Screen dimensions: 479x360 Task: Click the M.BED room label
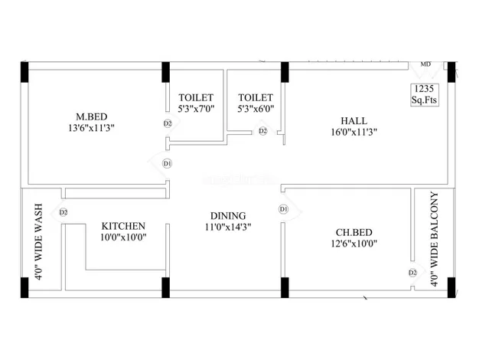pyautogui.click(x=92, y=116)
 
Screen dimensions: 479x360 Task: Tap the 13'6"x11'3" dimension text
pyautogui.click(x=91, y=128)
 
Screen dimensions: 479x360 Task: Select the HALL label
pyautogui.click(x=354, y=120)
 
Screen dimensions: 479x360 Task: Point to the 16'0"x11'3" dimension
pyautogui.click(x=354, y=133)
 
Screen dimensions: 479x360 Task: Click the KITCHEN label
pyautogui.click(x=123, y=226)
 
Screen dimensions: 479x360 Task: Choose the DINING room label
pyautogui.click(x=228, y=216)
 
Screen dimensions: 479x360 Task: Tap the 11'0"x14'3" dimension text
pyautogui.click(x=228, y=227)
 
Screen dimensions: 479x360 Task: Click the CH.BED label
pyautogui.click(x=354, y=232)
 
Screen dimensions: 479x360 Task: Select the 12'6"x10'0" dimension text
pyautogui.click(x=354, y=244)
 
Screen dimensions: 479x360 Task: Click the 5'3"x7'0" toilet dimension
pyautogui.click(x=196, y=109)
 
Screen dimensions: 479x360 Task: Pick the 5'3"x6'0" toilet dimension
pyautogui.click(x=256, y=109)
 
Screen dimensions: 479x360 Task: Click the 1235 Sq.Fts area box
pyautogui.click(x=425, y=94)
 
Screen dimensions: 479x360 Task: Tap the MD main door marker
pyautogui.click(x=425, y=64)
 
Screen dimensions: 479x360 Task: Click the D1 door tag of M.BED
pyautogui.click(x=167, y=164)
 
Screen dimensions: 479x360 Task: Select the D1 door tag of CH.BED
pyautogui.click(x=283, y=209)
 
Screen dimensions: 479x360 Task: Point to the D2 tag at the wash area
pyautogui.click(x=64, y=212)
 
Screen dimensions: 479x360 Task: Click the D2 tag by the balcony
pyautogui.click(x=412, y=273)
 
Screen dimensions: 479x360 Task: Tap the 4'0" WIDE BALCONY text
pyautogui.click(x=435, y=239)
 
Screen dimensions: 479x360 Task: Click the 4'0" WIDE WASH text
pyautogui.click(x=39, y=241)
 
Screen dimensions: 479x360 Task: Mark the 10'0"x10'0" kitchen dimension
pyautogui.click(x=123, y=237)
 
